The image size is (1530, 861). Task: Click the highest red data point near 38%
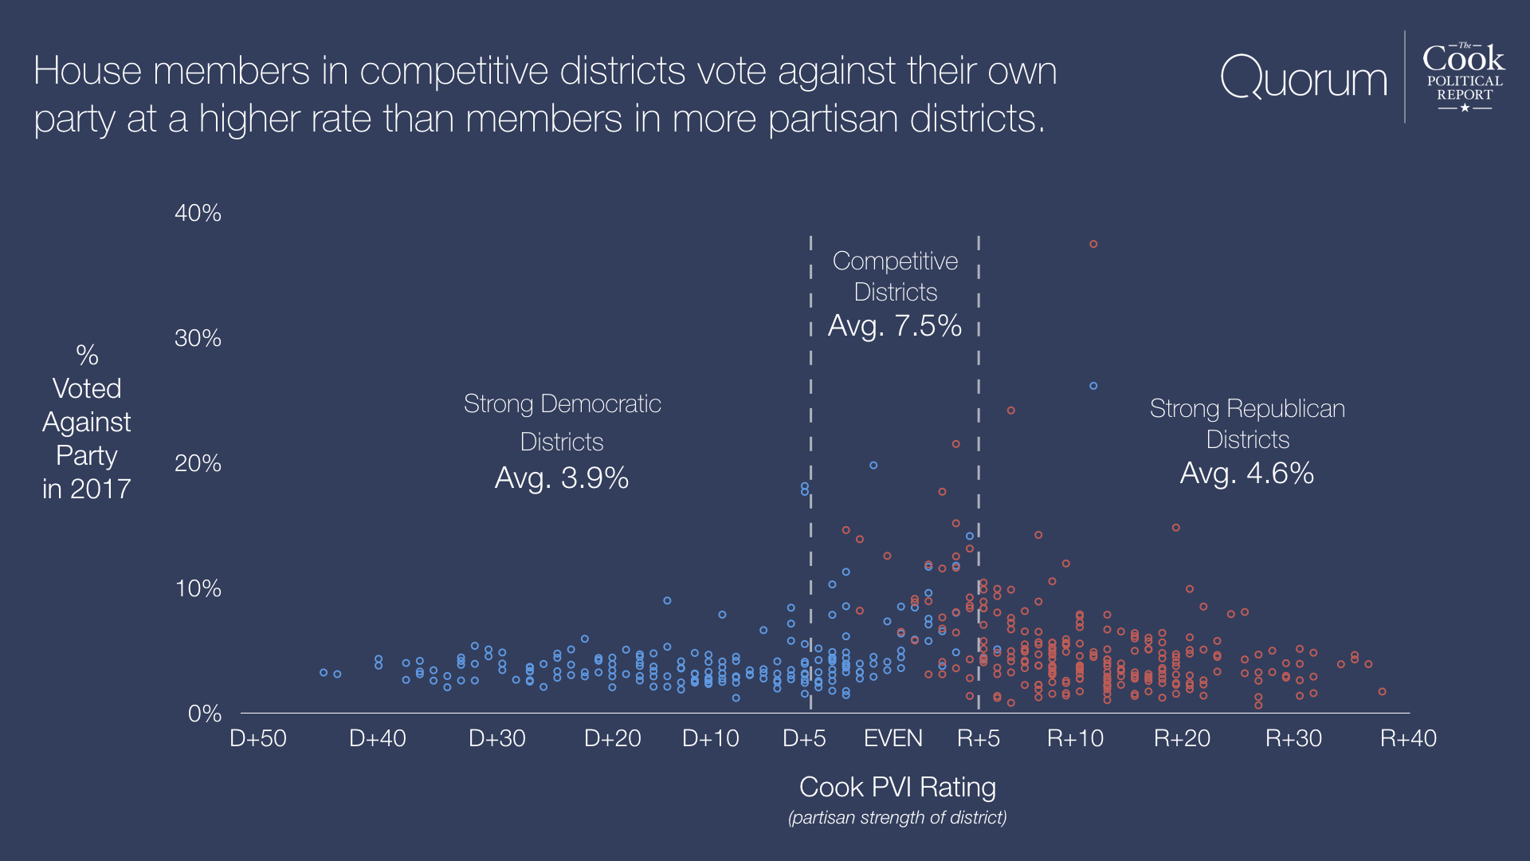coord(1093,244)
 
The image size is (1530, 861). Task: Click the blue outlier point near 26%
coord(1093,386)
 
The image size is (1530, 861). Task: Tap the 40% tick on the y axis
coord(198,213)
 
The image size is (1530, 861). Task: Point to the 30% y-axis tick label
coord(198,338)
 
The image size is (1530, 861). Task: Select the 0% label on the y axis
coord(204,714)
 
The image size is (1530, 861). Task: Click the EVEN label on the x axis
coord(892,738)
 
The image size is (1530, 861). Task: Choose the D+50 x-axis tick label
coord(257,738)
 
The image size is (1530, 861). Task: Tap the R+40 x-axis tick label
coord(1408,738)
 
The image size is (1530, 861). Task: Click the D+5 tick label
coord(804,738)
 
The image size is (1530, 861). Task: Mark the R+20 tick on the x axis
coord(1182,738)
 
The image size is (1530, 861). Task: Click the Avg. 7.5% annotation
coord(895,325)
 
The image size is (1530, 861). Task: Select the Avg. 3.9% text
coord(562,478)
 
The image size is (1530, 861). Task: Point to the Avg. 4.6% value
coord(1246,473)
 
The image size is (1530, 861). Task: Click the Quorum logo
coord(1304,78)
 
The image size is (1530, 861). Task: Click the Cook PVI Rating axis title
coord(897,787)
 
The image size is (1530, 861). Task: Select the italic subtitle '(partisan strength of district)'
coord(897,817)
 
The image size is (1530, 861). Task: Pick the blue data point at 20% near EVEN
coord(873,466)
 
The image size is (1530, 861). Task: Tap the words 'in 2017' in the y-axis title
coord(86,489)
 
